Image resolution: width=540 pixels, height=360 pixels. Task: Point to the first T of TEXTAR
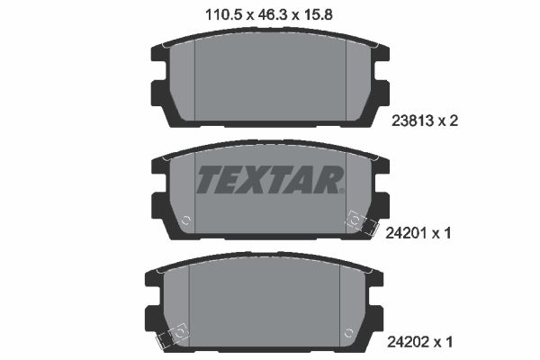point(208,180)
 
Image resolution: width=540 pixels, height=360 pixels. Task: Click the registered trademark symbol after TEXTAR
point(342,191)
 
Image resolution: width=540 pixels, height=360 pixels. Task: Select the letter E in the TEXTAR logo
point(232,180)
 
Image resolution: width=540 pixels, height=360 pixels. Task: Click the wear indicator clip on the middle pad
point(357,221)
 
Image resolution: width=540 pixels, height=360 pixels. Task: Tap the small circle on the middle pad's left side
point(185,220)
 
